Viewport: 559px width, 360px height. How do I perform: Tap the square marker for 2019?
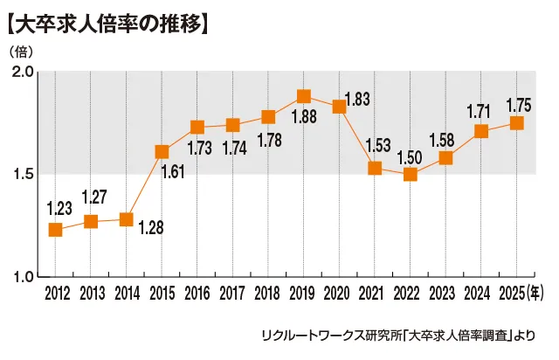pyautogui.click(x=304, y=96)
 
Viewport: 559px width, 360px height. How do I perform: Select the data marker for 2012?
pyautogui.click(x=55, y=229)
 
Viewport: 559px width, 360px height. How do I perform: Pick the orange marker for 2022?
pyautogui.click(x=411, y=174)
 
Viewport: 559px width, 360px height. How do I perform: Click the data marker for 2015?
pyautogui.click(x=162, y=151)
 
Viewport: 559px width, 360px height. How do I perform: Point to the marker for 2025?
pyautogui.click(x=517, y=123)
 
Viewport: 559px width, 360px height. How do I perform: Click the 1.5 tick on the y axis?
pyautogui.click(x=23, y=174)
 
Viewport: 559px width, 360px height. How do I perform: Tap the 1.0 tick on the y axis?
pyautogui.click(x=23, y=276)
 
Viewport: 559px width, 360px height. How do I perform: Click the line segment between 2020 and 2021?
pyautogui.click(x=357, y=137)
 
